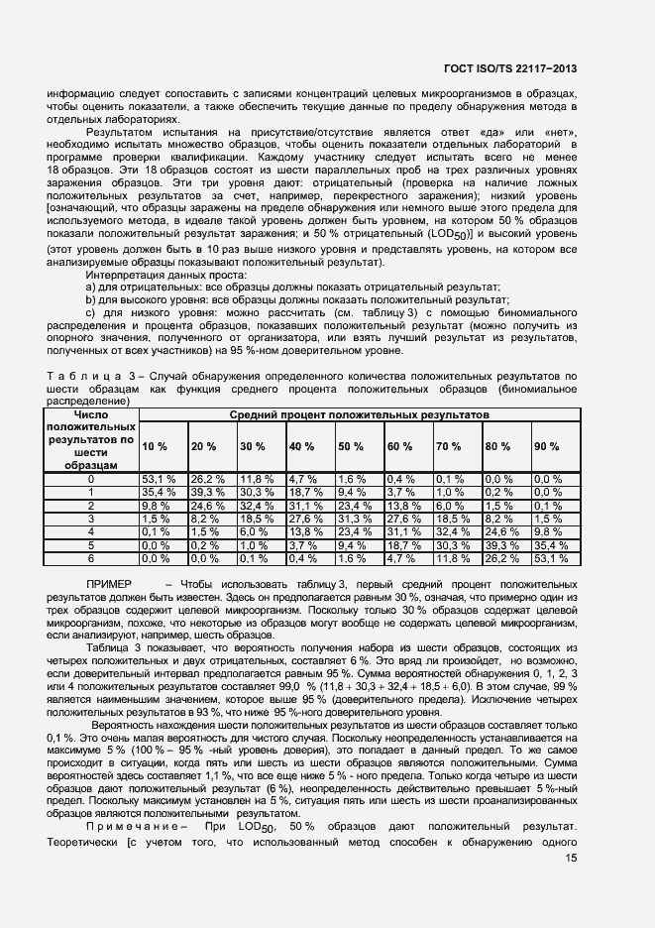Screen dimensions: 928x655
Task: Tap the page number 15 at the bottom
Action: point(571,859)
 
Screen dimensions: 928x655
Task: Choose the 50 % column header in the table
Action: point(351,446)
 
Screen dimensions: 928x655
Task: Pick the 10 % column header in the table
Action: point(155,446)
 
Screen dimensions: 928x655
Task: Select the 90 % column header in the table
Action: point(547,446)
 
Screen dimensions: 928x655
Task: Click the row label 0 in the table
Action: point(91,478)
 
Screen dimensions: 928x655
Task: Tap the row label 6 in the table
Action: point(91,558)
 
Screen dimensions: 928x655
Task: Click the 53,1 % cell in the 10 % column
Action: point(159,478)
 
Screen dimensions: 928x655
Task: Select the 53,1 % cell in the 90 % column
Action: point(551,558)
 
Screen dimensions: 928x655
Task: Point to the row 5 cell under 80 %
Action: point(501,544)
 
